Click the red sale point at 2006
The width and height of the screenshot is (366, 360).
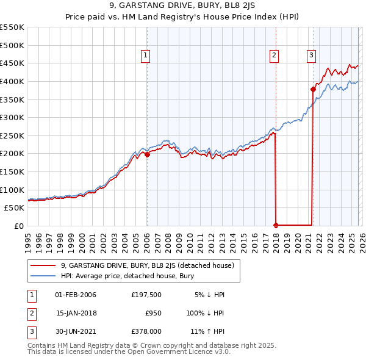147,154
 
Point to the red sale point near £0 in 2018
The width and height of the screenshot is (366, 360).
276,225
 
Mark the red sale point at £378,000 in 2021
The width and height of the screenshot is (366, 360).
313,89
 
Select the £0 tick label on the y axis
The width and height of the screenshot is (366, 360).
18,226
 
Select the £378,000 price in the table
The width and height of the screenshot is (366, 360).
146,331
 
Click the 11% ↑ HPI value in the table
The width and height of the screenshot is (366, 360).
207,331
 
